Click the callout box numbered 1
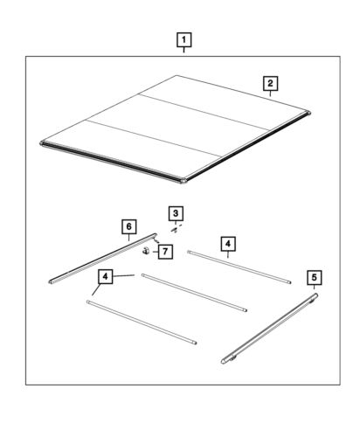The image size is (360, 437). click(184, 40)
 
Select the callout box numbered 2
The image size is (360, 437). click(270, 84)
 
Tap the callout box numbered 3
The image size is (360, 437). click(176, 213)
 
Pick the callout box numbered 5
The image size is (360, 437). click(315, 277)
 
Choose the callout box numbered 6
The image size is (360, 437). click(129, 226)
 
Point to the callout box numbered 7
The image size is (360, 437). click(165, 252)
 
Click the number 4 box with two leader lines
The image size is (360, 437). click(106, 276)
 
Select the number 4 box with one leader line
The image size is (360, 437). click(228, 244)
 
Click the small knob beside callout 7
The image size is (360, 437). click(146, 251)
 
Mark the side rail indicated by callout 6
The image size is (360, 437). click(102, 259)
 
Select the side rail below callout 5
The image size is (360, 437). click(269, 329)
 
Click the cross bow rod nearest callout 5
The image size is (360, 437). click(239, 267)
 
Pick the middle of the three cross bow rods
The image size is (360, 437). click(194, 293)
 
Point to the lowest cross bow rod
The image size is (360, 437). click(142, 323)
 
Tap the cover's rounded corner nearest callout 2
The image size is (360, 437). click(308, 113)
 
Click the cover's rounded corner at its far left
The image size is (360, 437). click(43, 143)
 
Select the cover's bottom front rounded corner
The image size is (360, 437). click(183, 180)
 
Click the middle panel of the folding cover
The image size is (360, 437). click(177, 125)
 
